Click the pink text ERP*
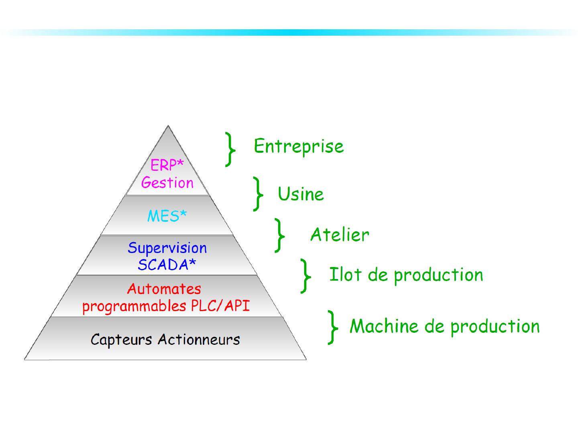coord(167,165)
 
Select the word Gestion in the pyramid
coord(167,183)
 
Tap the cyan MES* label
coord(167,216)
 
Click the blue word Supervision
coord(167,248)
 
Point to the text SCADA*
coord(167,265)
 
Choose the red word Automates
coord(164,289)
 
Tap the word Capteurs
coord(122,340)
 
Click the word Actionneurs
coord(199,340)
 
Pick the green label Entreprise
coord(299,146)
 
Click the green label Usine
coord(301,194)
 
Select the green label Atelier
coord(340,235)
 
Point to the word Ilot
coord(345,275)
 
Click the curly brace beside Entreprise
coord(230,149)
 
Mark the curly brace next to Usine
coord(258,194)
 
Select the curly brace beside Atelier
coord(279,235)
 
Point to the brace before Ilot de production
coord(306,276)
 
